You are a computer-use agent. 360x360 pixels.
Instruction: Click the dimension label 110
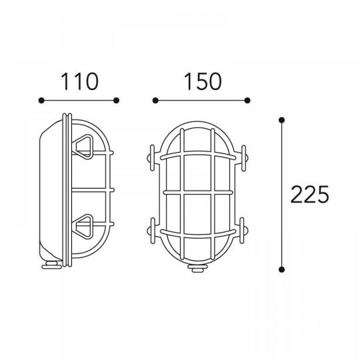(80, 81)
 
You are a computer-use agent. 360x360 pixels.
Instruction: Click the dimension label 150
(203, 81)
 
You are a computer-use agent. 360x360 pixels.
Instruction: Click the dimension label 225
(309, 195)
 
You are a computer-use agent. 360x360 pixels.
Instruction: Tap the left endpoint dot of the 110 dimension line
(41, 100)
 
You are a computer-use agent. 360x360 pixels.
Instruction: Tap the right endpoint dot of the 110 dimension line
(116, 100)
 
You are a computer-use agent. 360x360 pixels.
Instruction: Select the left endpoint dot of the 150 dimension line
(155, 100)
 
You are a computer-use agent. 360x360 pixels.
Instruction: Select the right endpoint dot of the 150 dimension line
(247, 100)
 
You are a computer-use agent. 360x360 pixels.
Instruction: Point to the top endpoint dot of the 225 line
(282, 120)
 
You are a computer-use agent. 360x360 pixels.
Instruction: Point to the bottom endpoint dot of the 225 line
(282, 269)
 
